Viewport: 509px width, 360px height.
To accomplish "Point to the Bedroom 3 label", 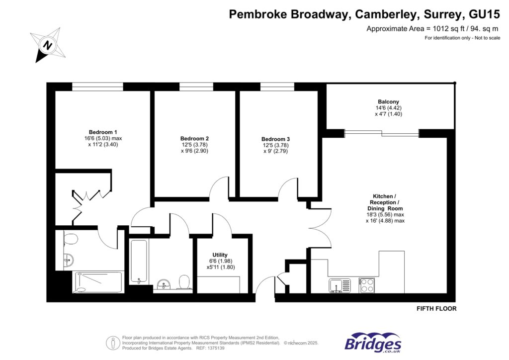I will pos(275,139).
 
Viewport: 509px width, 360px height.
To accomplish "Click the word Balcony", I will pos(388,101).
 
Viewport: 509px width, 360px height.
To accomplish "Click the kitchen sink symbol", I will pos(339,285).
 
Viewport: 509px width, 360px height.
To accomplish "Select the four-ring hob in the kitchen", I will pos(367,285).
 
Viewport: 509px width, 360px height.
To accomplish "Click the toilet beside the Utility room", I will pos(184,282).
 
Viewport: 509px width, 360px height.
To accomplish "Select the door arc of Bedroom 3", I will pos(287,189).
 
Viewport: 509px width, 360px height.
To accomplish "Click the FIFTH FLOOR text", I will pos(436,309).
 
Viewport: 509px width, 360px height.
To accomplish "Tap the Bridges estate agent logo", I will pos(373,343).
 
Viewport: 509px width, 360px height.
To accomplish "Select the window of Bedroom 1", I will pos(97,87).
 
